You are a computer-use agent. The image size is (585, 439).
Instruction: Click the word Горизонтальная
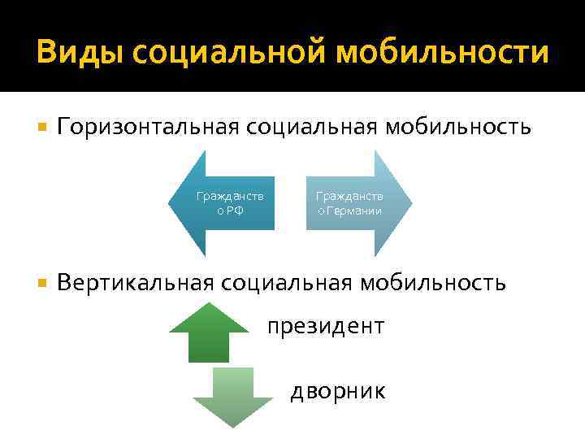point(145,128)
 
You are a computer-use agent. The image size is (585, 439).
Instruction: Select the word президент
point(326,326)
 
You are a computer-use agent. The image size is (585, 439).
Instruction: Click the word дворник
point(339,391)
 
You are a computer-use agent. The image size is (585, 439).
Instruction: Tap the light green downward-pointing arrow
point(232,395)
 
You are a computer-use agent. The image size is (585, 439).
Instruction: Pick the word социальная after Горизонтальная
point(301,128)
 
